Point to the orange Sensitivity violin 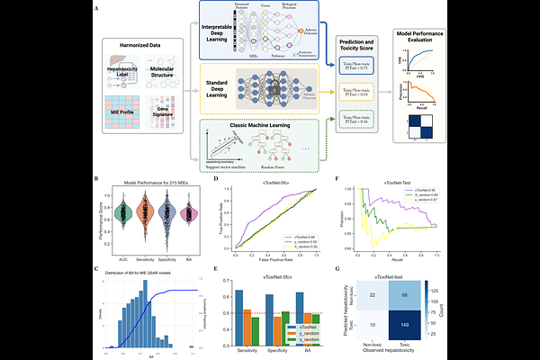(x=148, y=214)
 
